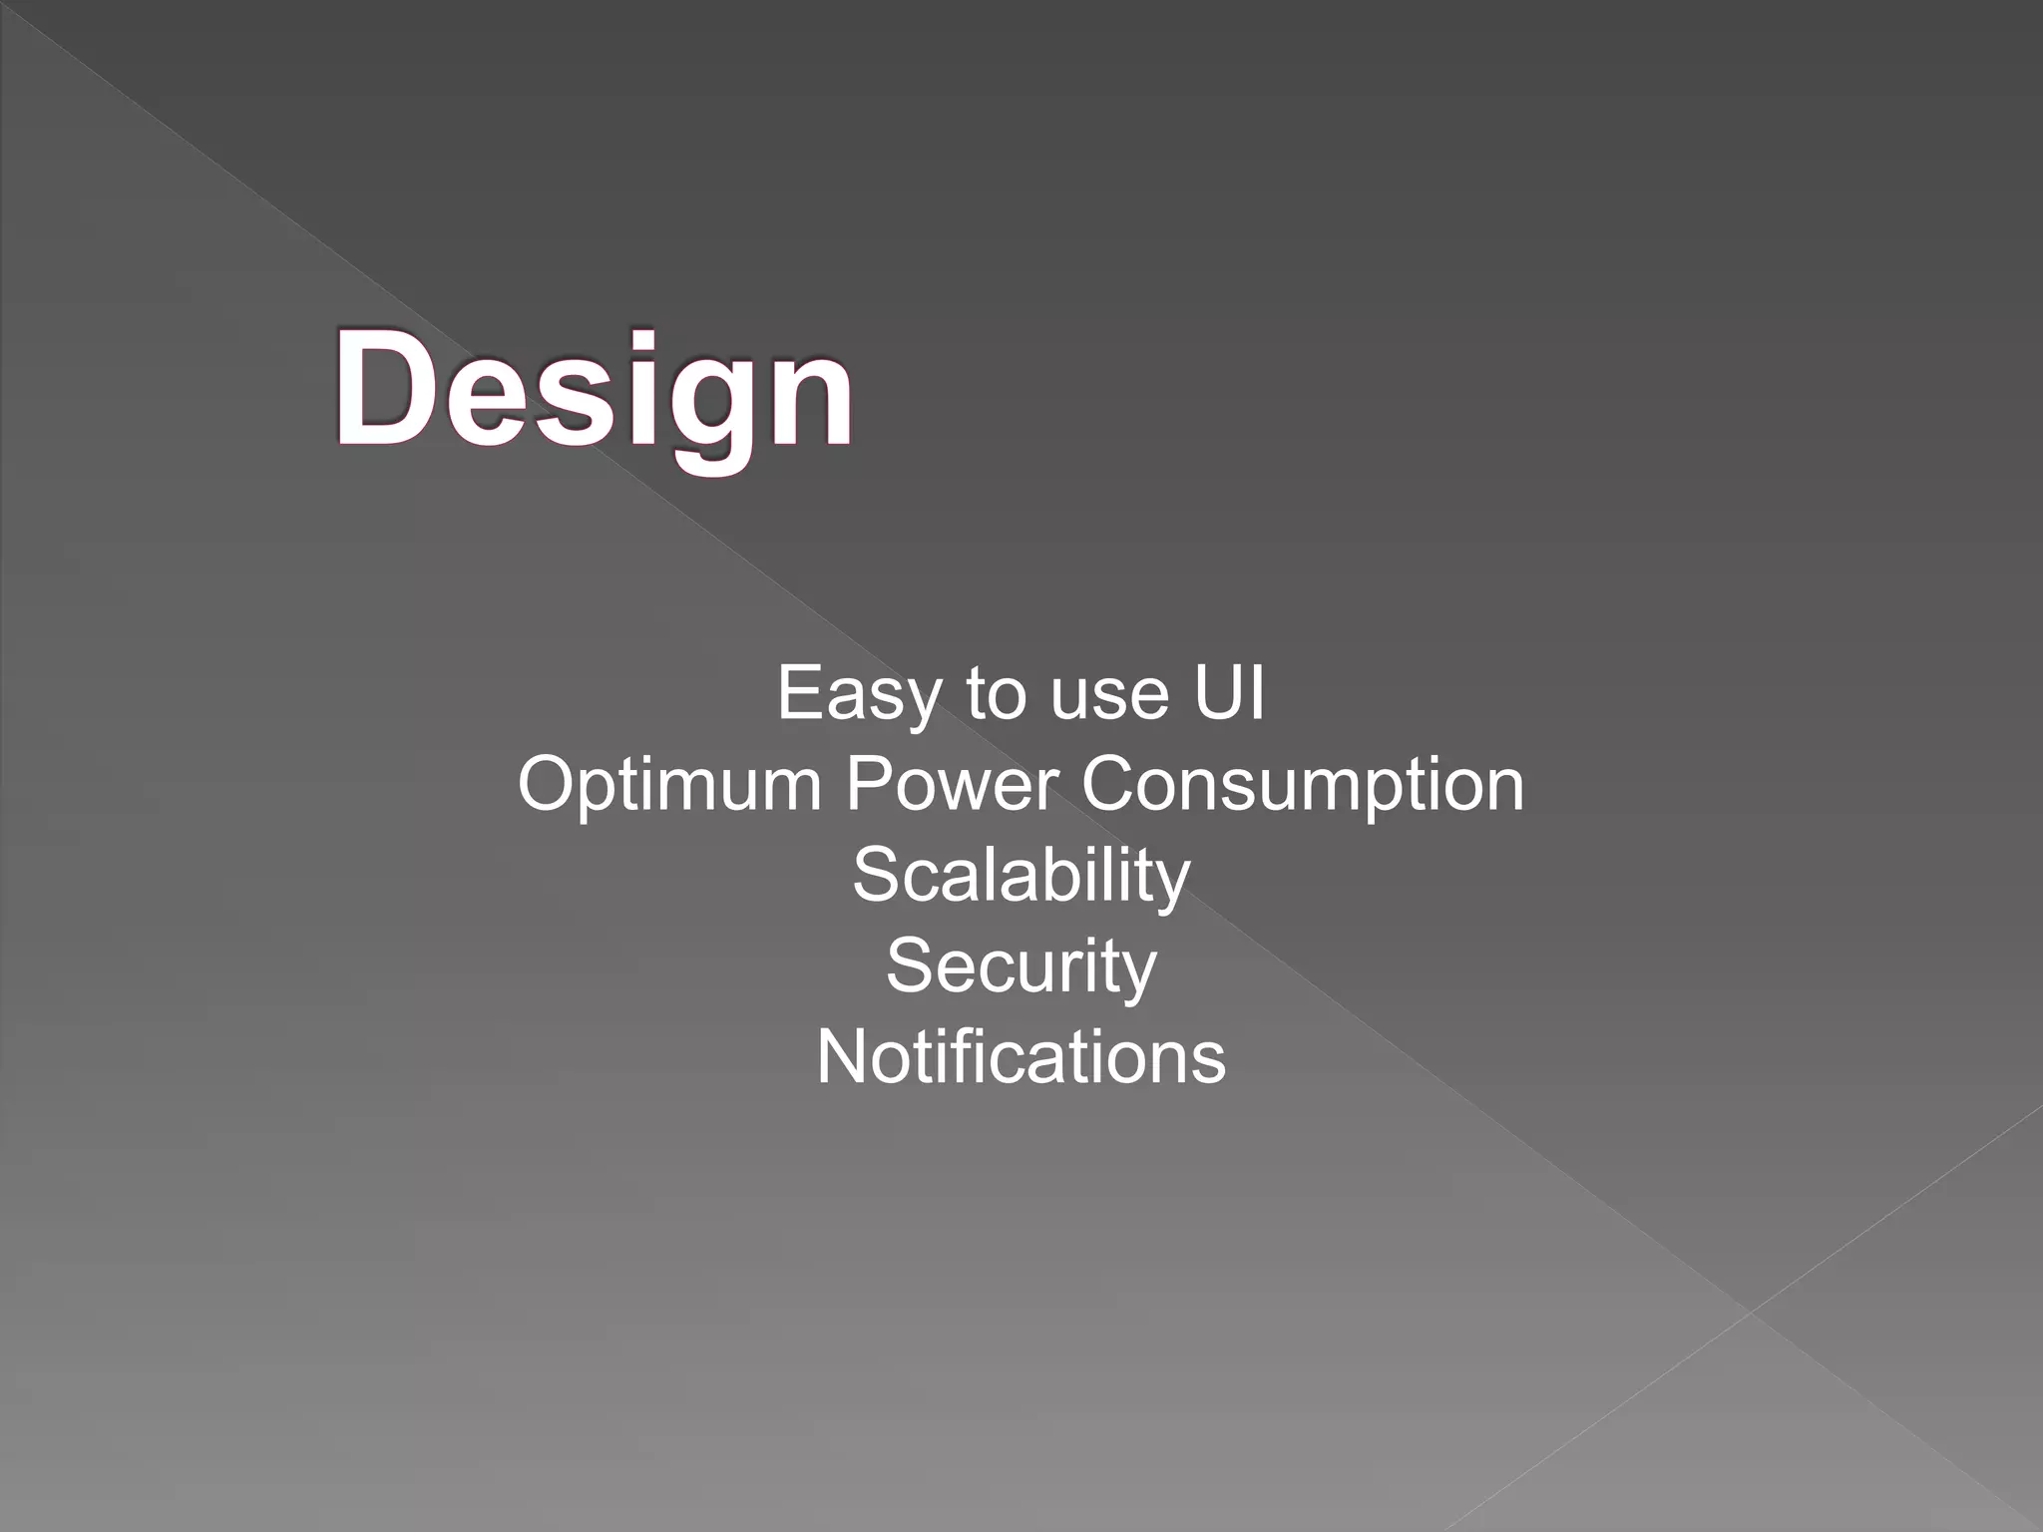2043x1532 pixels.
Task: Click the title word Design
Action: (595, 391)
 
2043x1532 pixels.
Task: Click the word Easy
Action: (858, 694)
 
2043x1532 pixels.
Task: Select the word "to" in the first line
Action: (995, 694)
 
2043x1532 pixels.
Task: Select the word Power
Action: (951, 784)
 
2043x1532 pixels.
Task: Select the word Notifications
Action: (1021, 1057)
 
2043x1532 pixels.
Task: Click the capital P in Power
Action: (868, 784)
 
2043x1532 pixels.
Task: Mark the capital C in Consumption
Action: (1110, 784)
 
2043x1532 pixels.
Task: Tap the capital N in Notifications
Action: (842, 1057)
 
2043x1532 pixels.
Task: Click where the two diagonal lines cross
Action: (1750, 1311)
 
